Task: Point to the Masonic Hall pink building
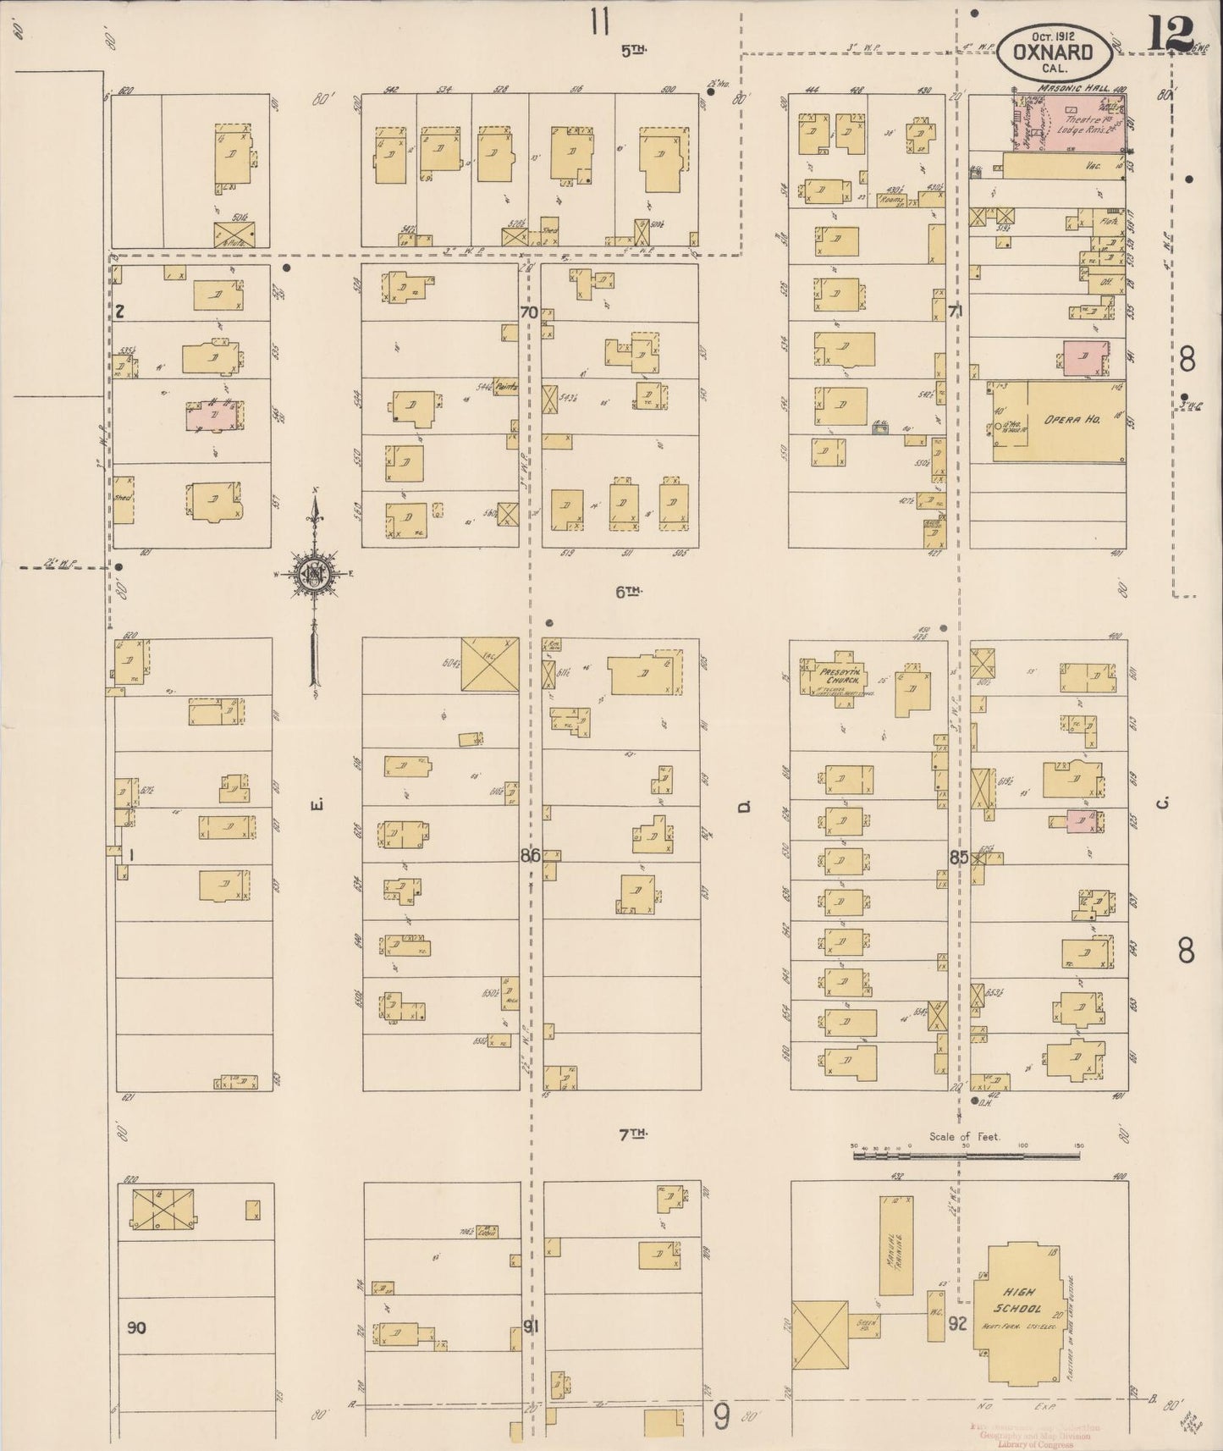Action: [x=1072, y=124]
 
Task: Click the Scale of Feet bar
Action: [x=966, y=1152]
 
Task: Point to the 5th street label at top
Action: [x=633, y=51]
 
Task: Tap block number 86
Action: [x=530, y=856]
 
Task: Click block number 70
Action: [x=529, y=312]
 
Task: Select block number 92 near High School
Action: [x=957, y=1323]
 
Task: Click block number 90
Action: [x=136, y=1327]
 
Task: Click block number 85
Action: [x=958, y=856]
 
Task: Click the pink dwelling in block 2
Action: [x=214, y=417]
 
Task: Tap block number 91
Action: [x=530, y=1327]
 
